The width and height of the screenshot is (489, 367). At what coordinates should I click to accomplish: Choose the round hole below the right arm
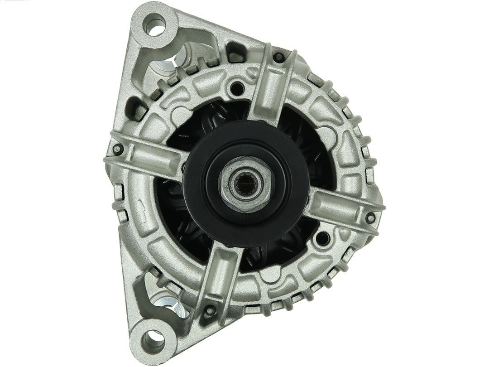[x=323, y=237]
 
